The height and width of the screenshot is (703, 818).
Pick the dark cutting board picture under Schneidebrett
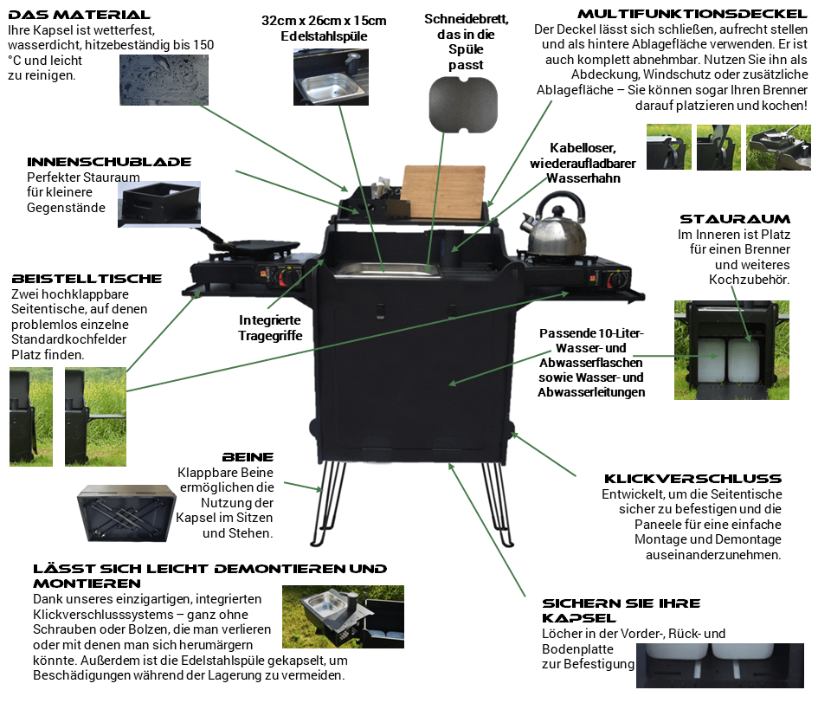coord(465,103)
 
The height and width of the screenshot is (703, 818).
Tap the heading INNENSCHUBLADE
coord(109,162)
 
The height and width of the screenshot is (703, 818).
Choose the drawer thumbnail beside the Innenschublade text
coord(159,204)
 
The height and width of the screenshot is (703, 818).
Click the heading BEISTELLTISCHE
coord(87,279)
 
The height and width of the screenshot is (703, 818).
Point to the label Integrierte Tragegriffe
coord(270,328)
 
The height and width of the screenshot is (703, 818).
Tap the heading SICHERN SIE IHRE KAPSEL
coord(621,610)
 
